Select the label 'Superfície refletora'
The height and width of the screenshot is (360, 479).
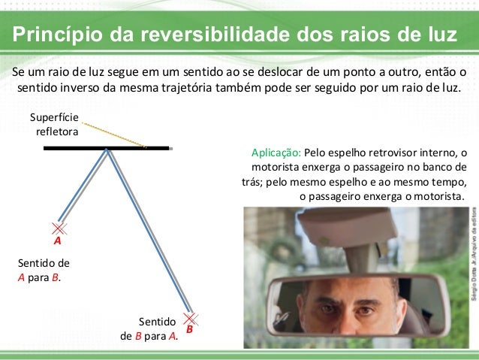click(x=59, y=126)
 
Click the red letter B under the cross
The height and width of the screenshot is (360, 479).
click(x=190, y=329)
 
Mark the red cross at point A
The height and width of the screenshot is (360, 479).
click(x=59, y=227)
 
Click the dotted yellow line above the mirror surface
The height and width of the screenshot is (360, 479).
click(x=113, y=136)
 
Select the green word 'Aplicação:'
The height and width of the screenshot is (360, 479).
click(x=275, y=153)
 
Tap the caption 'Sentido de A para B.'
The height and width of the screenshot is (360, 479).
click(x=42, y=271)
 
